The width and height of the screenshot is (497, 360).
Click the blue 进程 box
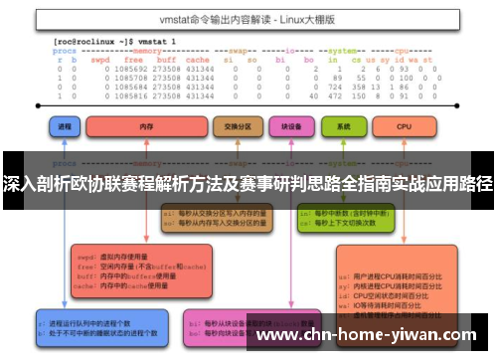click(x=67, y=126)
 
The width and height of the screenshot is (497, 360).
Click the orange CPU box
click(x=404, y=126)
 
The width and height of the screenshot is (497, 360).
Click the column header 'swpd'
click(x=103, y=60)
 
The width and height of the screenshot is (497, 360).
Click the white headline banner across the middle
click(x=248, y=185)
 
